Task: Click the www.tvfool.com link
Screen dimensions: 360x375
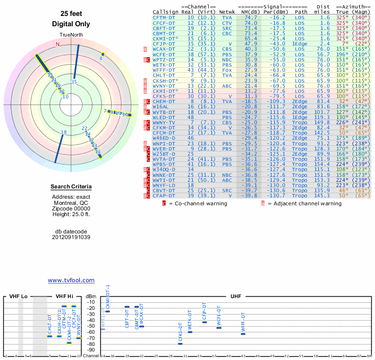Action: [71, 280]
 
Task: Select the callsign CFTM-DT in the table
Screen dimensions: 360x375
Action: [164, 17]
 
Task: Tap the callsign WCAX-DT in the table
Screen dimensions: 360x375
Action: [164, 49]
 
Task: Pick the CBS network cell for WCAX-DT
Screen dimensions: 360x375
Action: [227, 49]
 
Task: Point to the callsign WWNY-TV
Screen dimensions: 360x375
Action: [164, 122]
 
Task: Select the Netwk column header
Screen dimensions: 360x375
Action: [227, 12]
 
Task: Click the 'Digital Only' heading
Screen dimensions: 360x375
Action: [71, 24]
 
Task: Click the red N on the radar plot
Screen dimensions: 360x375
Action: [58, 44]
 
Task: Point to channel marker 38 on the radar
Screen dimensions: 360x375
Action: [63, 132]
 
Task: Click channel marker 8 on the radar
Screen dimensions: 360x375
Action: [101, 59]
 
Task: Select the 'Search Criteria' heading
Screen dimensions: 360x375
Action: [71, 187]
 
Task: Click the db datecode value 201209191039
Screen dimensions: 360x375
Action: [71, 237]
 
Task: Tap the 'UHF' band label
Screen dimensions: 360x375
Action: [236, 296]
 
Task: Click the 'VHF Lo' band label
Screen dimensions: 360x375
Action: [18, 296]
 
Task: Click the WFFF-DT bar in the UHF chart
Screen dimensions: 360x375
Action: [243, 334]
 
